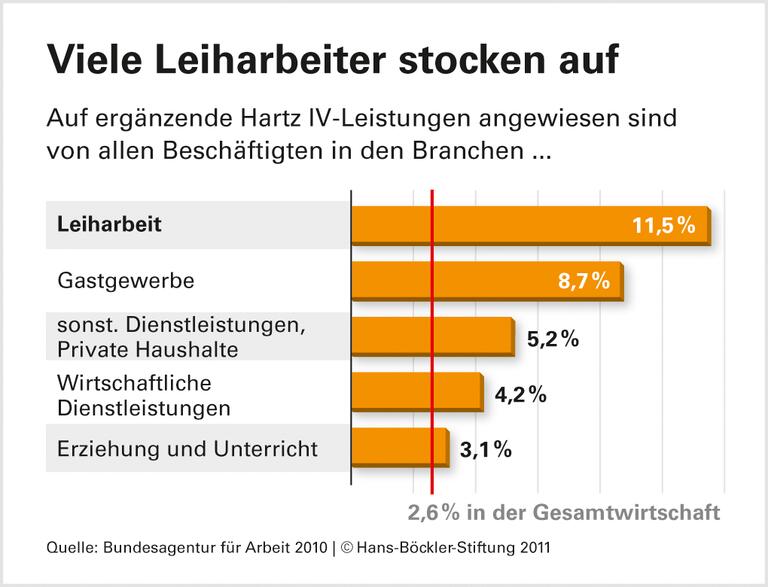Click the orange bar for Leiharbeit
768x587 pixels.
[530, 225]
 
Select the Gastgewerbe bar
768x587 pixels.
[487, 281]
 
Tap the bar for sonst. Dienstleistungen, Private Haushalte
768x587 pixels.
[432, 337]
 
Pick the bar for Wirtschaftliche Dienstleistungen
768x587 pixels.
[416, 393]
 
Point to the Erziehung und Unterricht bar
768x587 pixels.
[399, 449]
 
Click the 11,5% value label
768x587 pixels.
[663, 225]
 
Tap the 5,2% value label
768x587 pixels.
[552, 338]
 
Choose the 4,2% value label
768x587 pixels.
[519, 394]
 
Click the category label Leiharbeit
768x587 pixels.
[110, 225]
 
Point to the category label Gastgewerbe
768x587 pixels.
[125, 281]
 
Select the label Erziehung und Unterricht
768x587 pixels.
[188, 449]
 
